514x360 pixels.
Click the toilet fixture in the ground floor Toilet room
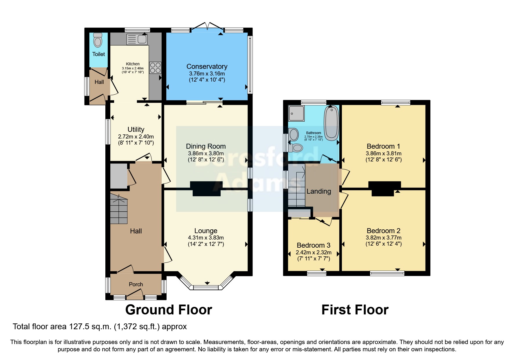[x=98, y=41]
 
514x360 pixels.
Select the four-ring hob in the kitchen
[x=155, y=68]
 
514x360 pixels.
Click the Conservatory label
[x=207, y=66]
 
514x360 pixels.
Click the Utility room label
[x=136, y=129]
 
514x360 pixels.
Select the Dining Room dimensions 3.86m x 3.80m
[x=206, y=153]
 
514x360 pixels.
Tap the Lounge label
[x=206, y=231]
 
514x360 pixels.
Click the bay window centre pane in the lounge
[x=206, y=287]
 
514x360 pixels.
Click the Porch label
[x=136, y=285]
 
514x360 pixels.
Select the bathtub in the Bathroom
[x=331, y=123]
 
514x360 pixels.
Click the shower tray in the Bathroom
[x=296, y=113]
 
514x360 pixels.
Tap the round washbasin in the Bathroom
[x=294, y=135]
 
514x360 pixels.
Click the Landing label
[x=319, y=191]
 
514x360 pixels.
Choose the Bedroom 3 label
[x=313, y=245]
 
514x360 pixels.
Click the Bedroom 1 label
[x=383, y=146]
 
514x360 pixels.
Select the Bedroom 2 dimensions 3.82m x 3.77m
[x=383, y=238]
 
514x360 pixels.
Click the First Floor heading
[x=355, y=310]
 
